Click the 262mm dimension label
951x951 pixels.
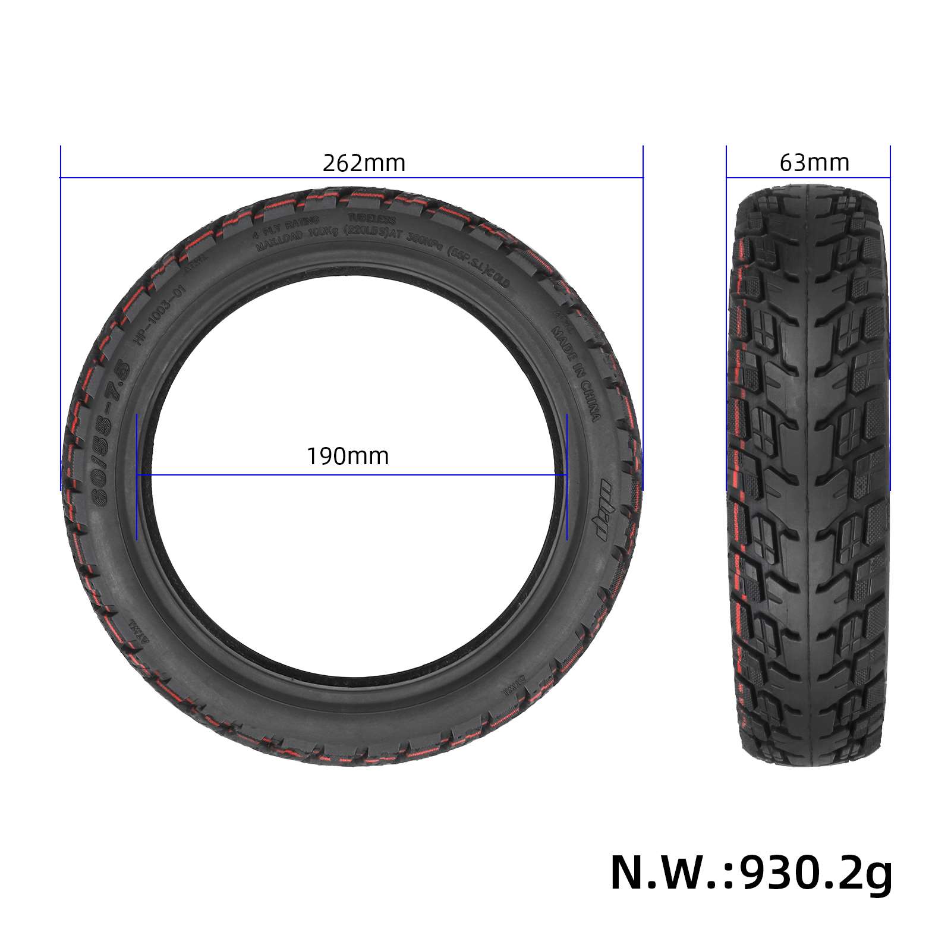(364, 163)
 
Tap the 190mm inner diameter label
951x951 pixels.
(348, 456)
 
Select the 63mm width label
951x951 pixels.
(814, 162)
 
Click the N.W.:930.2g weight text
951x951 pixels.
(751, 872)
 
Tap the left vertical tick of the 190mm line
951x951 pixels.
(137, 475)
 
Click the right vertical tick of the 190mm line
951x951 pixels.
(567, 475)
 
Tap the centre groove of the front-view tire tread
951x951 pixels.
(808, 475)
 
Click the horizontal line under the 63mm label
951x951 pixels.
(808, 177)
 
